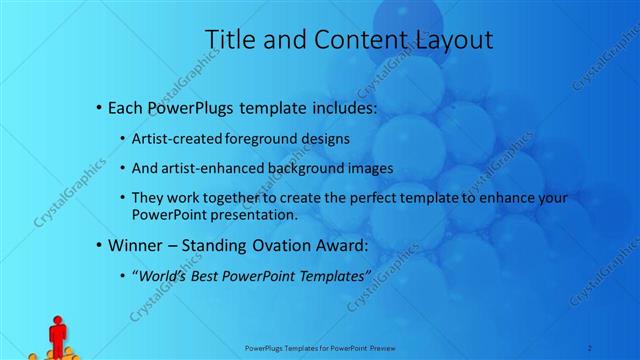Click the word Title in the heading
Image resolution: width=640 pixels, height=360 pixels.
pyautogui.click(x=227, y=40)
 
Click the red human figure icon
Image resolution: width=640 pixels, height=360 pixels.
pyautogui.click(x=57, y=334)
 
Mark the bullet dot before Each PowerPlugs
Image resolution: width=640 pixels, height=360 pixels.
pyautogui.click(x=97, y=107)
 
